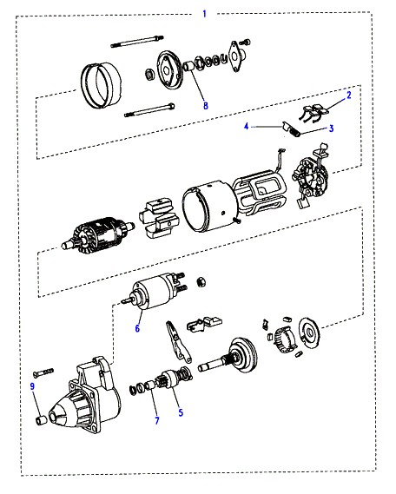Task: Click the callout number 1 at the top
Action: tap(204, 14)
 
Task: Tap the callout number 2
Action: tap(349, 96)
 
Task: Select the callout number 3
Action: tap(331, 128)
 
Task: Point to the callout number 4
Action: tap(247, 127)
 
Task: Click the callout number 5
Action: tap(181, 412)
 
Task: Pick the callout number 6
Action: tap(137, 328)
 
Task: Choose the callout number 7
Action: tap(157, 420)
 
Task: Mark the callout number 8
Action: tap(206, 105)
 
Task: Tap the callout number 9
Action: tap(32, 386)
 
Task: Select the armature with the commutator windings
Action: tap(97, 234)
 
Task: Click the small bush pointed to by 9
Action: tap(41, 420)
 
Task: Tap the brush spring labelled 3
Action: tap(295, 133)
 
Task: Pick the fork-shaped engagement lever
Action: tap(178, 341)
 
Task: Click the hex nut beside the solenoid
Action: tap(201, 282)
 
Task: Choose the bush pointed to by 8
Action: tap(189, 66)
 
